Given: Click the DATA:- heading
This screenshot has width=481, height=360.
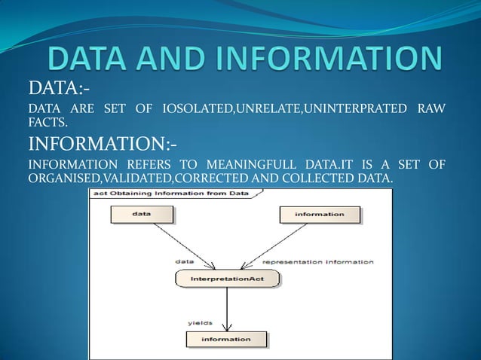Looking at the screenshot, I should pyautogui.click(x=54, y=90).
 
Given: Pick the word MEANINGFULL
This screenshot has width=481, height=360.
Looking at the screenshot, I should pyautogui.click(x=243, y=165).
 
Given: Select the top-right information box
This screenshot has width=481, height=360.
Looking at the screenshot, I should pyautogui.click(x=320, y=215).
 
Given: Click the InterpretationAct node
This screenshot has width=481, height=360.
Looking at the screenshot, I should pyautogui.click(x=227, y=279).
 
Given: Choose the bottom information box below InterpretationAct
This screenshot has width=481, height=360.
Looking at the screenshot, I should pyautogui.click(x=226, y=340).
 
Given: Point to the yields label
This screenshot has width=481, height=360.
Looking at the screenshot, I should pyautogui.click(x=200, y=323).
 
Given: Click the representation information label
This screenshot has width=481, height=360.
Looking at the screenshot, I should pyautogui.click(x=317, y=262).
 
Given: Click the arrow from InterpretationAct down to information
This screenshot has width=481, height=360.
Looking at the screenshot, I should pyautogui.click(x=227, y=309).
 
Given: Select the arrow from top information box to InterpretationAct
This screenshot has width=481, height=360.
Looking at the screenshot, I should pyautogui.click(x=275, y=246).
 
